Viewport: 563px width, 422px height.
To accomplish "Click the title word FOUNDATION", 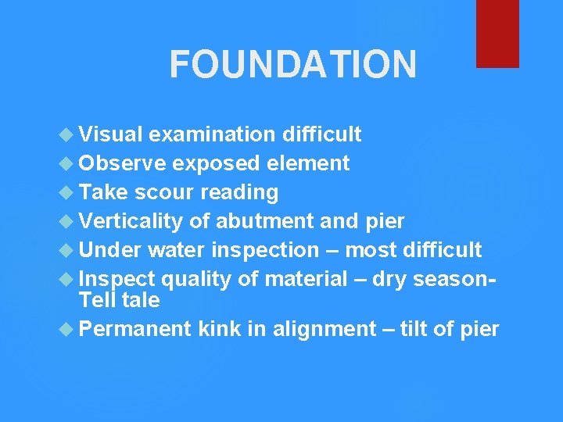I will click(292, 65).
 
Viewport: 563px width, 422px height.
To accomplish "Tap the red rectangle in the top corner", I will click(497, 33).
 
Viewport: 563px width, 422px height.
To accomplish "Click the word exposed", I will click(217, 163).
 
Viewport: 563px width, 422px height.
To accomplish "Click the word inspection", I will click(266, 250).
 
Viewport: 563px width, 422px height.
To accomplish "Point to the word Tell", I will click(95, 300).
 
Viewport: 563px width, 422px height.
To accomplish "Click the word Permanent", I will click(135, 329).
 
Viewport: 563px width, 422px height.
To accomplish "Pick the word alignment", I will click(324, 329).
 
